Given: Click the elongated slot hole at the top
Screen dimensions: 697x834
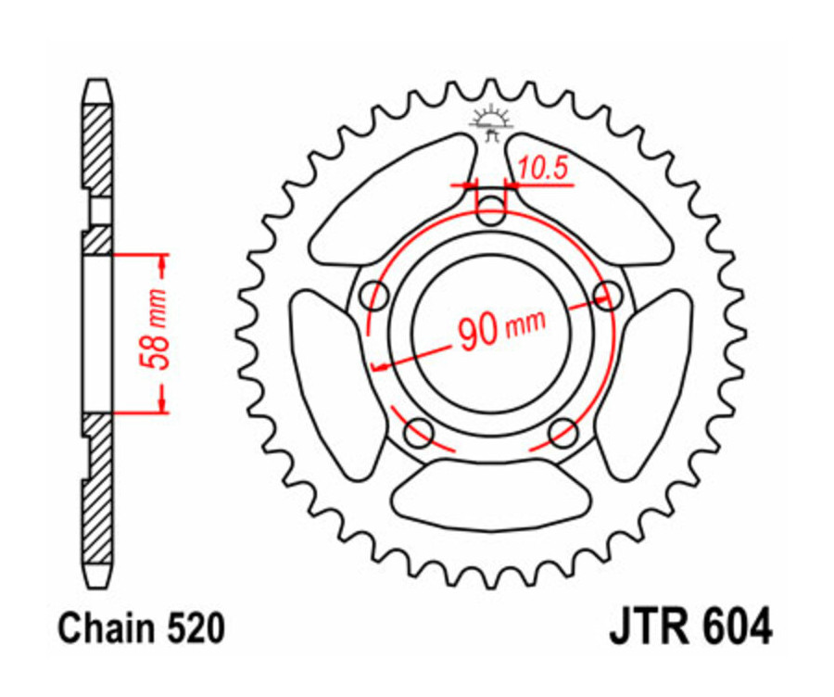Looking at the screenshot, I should tap(492, 206).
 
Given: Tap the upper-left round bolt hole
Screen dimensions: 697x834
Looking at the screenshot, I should tap(374, 297).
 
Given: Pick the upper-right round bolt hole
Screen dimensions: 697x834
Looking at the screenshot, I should tap(609, 297).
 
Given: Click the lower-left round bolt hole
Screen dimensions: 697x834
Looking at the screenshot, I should tap(419, 431).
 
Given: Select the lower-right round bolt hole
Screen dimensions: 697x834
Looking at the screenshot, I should tap(562, 431).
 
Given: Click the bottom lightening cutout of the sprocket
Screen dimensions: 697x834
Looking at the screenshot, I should tap(491, 496).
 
